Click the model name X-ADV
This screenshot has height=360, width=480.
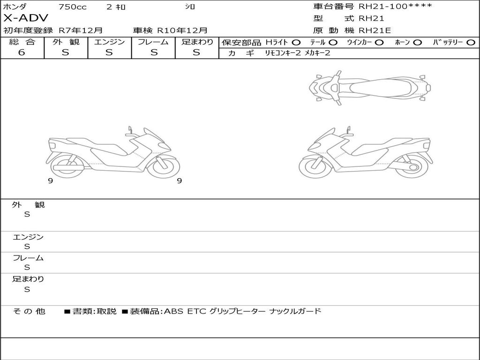[26, 18]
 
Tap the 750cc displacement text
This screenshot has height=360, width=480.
[73, 7]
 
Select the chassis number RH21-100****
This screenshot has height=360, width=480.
[396, 6]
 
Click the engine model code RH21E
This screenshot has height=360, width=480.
[375, 30]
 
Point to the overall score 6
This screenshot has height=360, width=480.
[22, 52]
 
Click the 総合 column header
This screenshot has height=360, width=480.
[22, 42]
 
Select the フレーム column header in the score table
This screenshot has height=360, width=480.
[153, 42]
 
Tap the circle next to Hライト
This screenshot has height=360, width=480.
[296, 43]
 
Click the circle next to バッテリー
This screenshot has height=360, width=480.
[471, 43]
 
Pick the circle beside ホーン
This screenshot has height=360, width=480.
[418, 43]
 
